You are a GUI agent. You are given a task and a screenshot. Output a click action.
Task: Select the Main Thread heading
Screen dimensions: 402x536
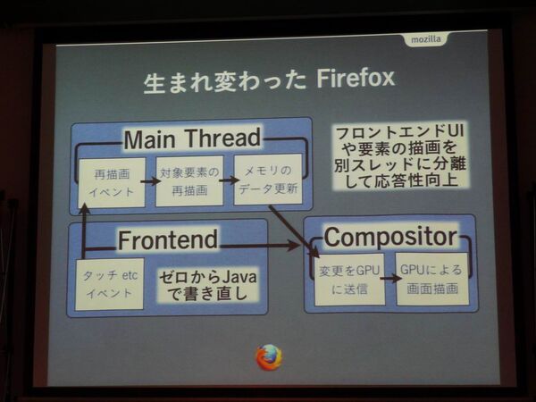(191, 138)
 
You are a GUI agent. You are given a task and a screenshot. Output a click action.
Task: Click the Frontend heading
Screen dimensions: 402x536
(168, 239)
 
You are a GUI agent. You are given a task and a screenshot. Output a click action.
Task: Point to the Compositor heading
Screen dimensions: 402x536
(389, 237)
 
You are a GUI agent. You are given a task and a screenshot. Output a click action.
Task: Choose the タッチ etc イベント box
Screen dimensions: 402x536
(109, 284)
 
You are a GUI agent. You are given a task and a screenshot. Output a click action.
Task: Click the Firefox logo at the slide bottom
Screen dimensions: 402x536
(269, 357)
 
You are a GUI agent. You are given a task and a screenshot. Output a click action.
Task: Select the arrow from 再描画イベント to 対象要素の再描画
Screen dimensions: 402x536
(150, 181)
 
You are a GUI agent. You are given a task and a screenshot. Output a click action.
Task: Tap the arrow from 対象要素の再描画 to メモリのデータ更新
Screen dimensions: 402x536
(229, 181)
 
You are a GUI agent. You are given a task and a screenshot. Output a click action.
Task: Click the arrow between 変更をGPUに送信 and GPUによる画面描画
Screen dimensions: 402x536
(389, 278)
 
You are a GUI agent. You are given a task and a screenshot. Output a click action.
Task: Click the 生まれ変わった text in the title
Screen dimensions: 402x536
(223, 81)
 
